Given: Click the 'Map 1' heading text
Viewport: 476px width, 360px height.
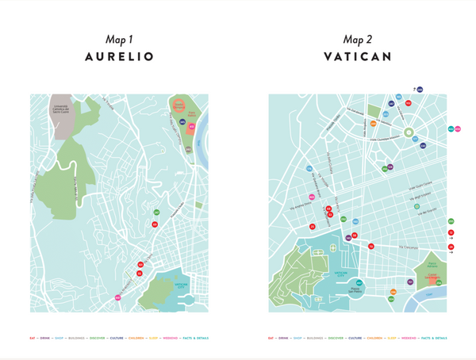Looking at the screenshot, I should [119, 39].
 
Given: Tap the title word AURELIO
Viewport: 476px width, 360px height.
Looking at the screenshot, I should [119, 57].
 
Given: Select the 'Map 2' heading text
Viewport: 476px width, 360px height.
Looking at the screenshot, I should [357, 39].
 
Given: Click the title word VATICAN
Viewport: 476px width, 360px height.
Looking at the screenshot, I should [358, 57].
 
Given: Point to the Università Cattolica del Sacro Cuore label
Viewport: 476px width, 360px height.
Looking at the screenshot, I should [65, 110].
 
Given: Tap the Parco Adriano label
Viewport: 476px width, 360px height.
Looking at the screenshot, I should [433, 265].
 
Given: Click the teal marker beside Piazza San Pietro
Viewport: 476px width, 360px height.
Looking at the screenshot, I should [359, 283].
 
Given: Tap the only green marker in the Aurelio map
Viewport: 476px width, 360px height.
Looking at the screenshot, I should [156, 213].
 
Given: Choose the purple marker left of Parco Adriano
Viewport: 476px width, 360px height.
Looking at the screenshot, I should [410, 281].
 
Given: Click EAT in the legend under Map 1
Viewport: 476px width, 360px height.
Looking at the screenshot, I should [33, 338].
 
